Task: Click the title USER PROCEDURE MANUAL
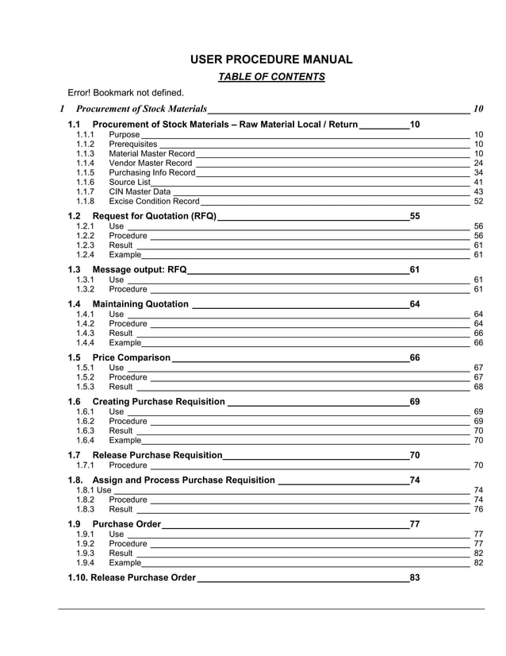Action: click(271, 60)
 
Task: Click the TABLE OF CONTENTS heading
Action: click(271, 77)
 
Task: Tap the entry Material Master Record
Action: click(151, 153)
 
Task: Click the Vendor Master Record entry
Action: click(150, 163)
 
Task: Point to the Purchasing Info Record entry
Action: click(151, 172)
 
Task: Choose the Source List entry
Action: click(129, 182)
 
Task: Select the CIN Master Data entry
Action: click(140, 191)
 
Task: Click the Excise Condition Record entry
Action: click(154, 201)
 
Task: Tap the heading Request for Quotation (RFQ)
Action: click(154, 216)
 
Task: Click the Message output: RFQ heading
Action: click(140, 269)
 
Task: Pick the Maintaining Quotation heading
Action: click(140, 304)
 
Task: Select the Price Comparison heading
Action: click(131, 357)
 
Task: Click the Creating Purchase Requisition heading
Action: click(159, 402)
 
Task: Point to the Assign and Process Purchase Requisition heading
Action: click(184, 480)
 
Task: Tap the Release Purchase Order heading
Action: click(143, 577)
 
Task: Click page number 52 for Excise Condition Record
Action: click(478, 201)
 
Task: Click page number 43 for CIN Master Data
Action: click(478, 191)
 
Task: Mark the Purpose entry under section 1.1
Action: click(124, 135)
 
